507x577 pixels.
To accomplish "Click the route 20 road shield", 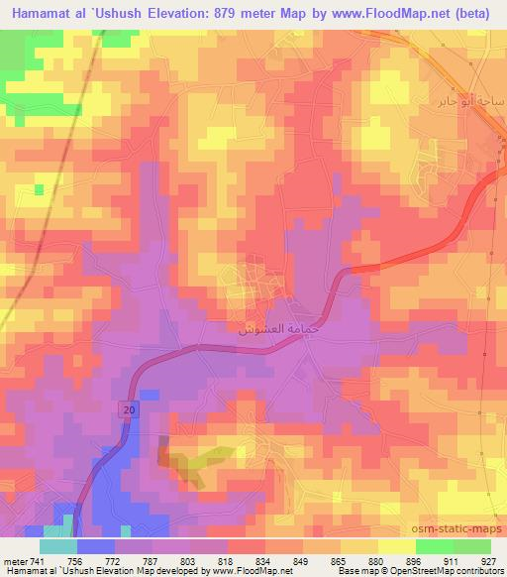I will pos(129,408).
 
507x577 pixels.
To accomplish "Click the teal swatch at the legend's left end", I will pos(57,546).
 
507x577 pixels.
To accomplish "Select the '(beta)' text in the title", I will pos(471,14).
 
